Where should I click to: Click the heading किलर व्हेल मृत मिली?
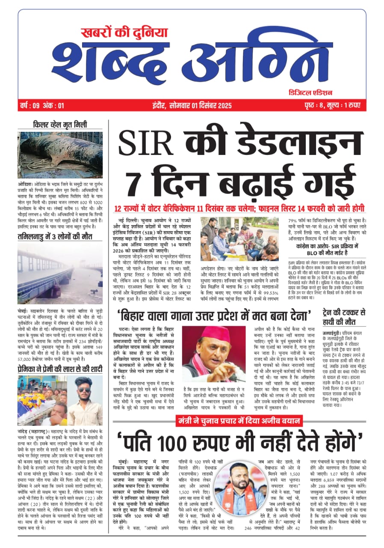coord(60,125)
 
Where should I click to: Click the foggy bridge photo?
coord(60,268)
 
